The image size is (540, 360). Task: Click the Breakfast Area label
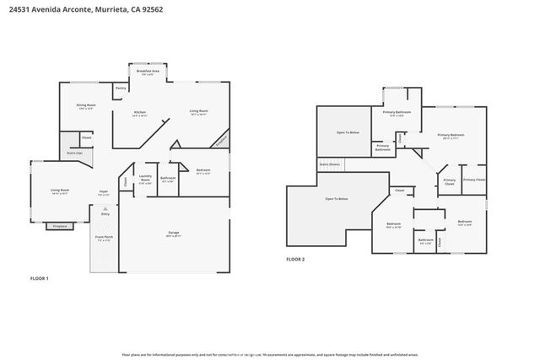[x=148, y=73]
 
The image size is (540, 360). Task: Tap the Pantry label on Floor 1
[x=121, y=88]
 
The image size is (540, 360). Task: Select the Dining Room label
[x=86, y=105]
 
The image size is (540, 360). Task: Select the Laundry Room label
[x=144, y=178]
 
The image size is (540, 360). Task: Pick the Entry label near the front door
[x=105, y=214]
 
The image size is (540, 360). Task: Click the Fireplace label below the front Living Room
[x=59, y=227]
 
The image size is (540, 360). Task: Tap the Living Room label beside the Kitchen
[x=199, y=111]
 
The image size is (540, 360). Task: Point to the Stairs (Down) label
[x=329, y=164]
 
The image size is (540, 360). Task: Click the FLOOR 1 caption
[x=40, y=278]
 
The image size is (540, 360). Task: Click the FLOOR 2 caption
[x=294, y=260]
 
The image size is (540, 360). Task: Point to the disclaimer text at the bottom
[x=270, y=355]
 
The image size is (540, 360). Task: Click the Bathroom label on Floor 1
[x=168, y=179]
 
